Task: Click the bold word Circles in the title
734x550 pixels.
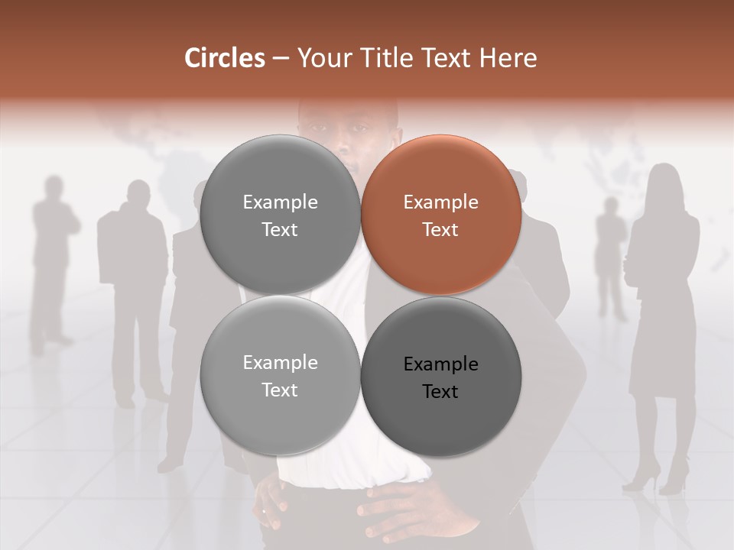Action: pyautogui.click(x=225, y=58)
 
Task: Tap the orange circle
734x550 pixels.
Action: pyautogui.click(x=440, y=215)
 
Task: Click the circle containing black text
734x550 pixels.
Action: pyautogui.click(x=440, y=377)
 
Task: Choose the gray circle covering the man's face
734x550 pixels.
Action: pyautogui.click(x=280, y=215)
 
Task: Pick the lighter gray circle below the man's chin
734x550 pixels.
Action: pyautogui.click(x=280, y=376)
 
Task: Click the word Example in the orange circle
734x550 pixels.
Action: pyautogui.click(x=440, y=202)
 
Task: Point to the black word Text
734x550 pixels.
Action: pyautogui.click(x=440, y=392)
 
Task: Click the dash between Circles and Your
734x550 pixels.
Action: pyautogui.click(x=281, y=58)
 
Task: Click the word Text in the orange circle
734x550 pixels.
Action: pyautogui.click(x=440, y=230)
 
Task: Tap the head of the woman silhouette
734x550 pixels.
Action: pyautogui.click(x=664, y=183)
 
